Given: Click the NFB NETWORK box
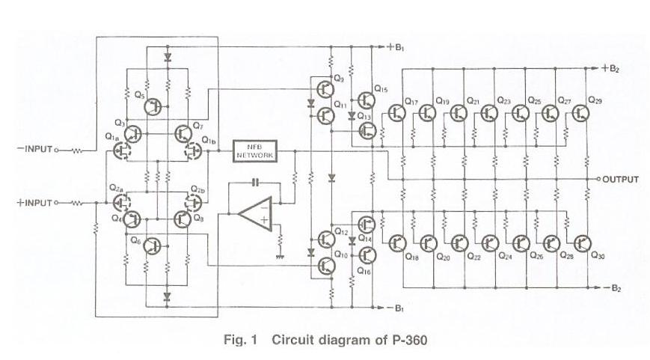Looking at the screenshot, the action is [x=254, y=151].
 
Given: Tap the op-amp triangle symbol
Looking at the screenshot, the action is [x=255, y=214].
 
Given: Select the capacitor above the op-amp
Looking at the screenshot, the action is [x=255, y=182].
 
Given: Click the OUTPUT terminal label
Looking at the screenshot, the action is [x=620, y=180].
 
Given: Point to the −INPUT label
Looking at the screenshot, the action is [x=35, y=148].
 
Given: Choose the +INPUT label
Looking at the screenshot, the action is [x=35, y=203].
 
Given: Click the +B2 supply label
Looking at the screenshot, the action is [x=611, y=69].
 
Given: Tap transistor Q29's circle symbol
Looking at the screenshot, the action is [x=581, y=113].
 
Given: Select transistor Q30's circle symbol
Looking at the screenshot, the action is [x=583, y=242].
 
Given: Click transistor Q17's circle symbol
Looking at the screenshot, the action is [x=396, y=113].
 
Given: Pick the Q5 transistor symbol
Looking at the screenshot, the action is [x=153, y=106].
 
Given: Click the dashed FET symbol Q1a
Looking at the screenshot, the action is [x=121, y=151].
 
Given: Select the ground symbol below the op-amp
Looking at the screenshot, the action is [x=280, y=257].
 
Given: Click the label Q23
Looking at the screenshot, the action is [x=504, y=100].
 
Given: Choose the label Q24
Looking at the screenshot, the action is [x=506, y=256].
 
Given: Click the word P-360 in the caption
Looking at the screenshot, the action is [x=408, y=340].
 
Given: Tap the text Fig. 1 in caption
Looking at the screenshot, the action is [x=240, y=340].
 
